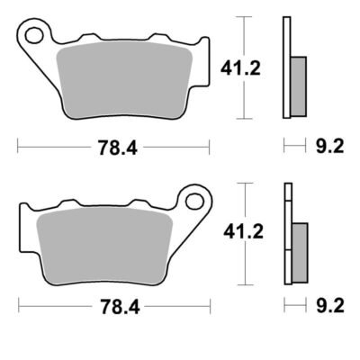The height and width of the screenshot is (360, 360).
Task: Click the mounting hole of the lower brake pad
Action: pos(194,201)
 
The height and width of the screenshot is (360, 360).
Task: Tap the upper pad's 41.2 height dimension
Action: pos(240,68)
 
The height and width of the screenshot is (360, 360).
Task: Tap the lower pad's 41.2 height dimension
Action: pos(243,232)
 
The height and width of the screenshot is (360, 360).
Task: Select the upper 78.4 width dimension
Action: pos(118,148)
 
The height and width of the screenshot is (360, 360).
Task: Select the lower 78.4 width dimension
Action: pos(120,306)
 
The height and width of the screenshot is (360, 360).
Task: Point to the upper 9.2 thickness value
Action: pos(330,147)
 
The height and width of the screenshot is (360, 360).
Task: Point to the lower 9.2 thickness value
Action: pos(330,306)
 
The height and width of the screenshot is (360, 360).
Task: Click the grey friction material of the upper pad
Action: pos(124,80)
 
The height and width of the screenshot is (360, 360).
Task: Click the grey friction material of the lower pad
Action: pos(104,246)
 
